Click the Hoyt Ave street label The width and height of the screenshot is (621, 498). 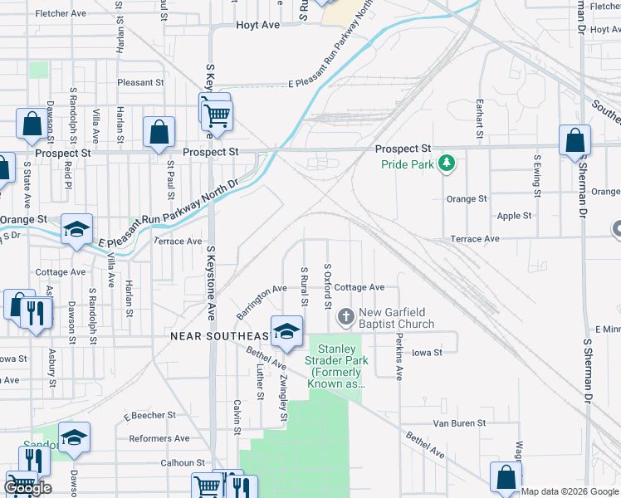pos(257,25)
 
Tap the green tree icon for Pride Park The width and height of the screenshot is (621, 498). pos(447,163)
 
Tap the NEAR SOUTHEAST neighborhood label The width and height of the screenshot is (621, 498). pos(219,336)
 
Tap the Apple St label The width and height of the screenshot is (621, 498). pos(514,216)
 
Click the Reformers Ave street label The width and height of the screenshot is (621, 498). pos(159,438)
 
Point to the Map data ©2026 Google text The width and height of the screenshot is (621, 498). pos(570,491)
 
